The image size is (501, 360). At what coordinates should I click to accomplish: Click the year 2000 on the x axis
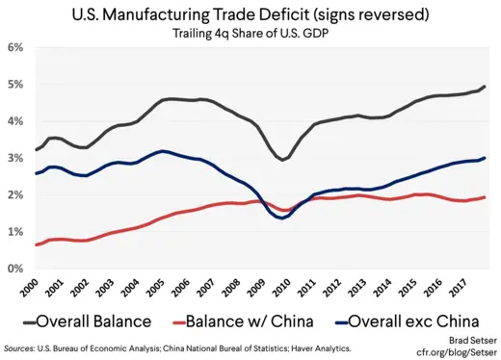(33, 286)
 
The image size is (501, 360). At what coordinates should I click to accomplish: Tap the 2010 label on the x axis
(283, 286)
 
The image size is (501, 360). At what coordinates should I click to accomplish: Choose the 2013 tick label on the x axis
(358, 286)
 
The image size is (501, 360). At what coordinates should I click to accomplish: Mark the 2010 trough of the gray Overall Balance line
(284, 160)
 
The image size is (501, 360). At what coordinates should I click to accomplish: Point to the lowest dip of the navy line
(281, 219)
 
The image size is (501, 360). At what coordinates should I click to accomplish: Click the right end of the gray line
(484, 87)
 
